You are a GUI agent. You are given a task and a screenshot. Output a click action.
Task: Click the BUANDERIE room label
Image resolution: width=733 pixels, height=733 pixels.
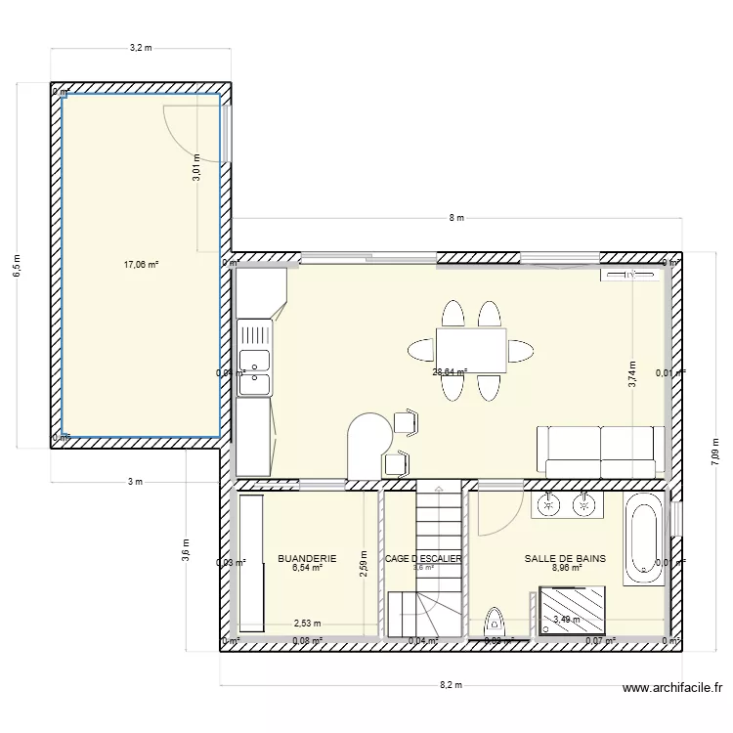tap(307, 559)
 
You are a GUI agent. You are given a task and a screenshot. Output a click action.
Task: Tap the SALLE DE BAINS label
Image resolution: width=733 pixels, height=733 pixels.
tap(565, 559)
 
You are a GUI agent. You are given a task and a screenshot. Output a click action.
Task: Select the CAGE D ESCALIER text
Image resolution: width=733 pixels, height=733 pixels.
tap(423, 559)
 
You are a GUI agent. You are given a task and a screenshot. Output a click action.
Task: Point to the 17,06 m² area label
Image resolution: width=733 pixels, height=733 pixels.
tap(141, 264)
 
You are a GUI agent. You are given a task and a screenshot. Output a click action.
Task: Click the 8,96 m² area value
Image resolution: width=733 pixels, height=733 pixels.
tap(567, 568)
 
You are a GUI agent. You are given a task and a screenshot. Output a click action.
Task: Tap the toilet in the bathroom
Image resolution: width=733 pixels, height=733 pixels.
tap(496, 622)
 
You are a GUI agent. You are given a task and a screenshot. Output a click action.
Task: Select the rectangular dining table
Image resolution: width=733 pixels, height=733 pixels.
tap(471, 350)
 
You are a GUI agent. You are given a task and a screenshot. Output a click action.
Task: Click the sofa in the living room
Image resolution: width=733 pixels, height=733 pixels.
tap(597, 453)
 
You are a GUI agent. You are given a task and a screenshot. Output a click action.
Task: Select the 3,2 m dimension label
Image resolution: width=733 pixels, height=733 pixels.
tap(142, 47)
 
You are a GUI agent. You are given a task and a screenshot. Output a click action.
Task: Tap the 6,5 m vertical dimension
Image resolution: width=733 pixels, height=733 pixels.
tap(17, 266)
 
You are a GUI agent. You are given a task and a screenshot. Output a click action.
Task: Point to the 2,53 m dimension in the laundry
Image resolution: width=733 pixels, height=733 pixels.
tap(308, 623)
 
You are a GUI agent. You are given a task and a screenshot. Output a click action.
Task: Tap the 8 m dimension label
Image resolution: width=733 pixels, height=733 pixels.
tap(454, 218)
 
